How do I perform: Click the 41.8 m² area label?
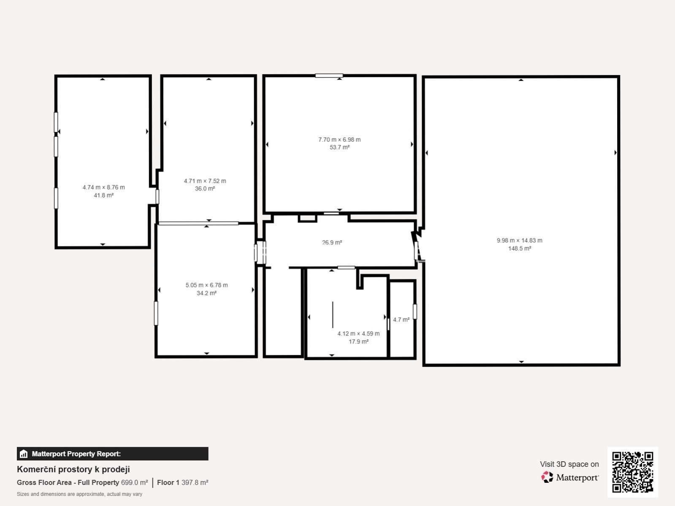103,195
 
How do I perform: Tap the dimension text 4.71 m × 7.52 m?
205,181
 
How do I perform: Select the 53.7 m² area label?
339,147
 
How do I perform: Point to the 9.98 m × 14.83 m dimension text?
519,241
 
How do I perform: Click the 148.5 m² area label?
519,249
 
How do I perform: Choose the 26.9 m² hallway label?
332,243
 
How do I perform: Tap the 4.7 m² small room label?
401,320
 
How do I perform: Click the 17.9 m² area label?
358,341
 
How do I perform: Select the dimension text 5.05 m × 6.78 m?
207,285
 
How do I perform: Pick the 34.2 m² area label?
207,293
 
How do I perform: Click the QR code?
632,472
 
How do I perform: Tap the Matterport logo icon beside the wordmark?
547,477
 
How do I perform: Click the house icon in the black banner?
24,454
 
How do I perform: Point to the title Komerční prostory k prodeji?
73,469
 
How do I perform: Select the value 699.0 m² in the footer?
134,482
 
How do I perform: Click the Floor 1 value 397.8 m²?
195,482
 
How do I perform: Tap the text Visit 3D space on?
569,464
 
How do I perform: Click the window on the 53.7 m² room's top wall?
329,76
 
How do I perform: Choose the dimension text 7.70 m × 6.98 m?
339,140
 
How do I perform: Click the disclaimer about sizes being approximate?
80,494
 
